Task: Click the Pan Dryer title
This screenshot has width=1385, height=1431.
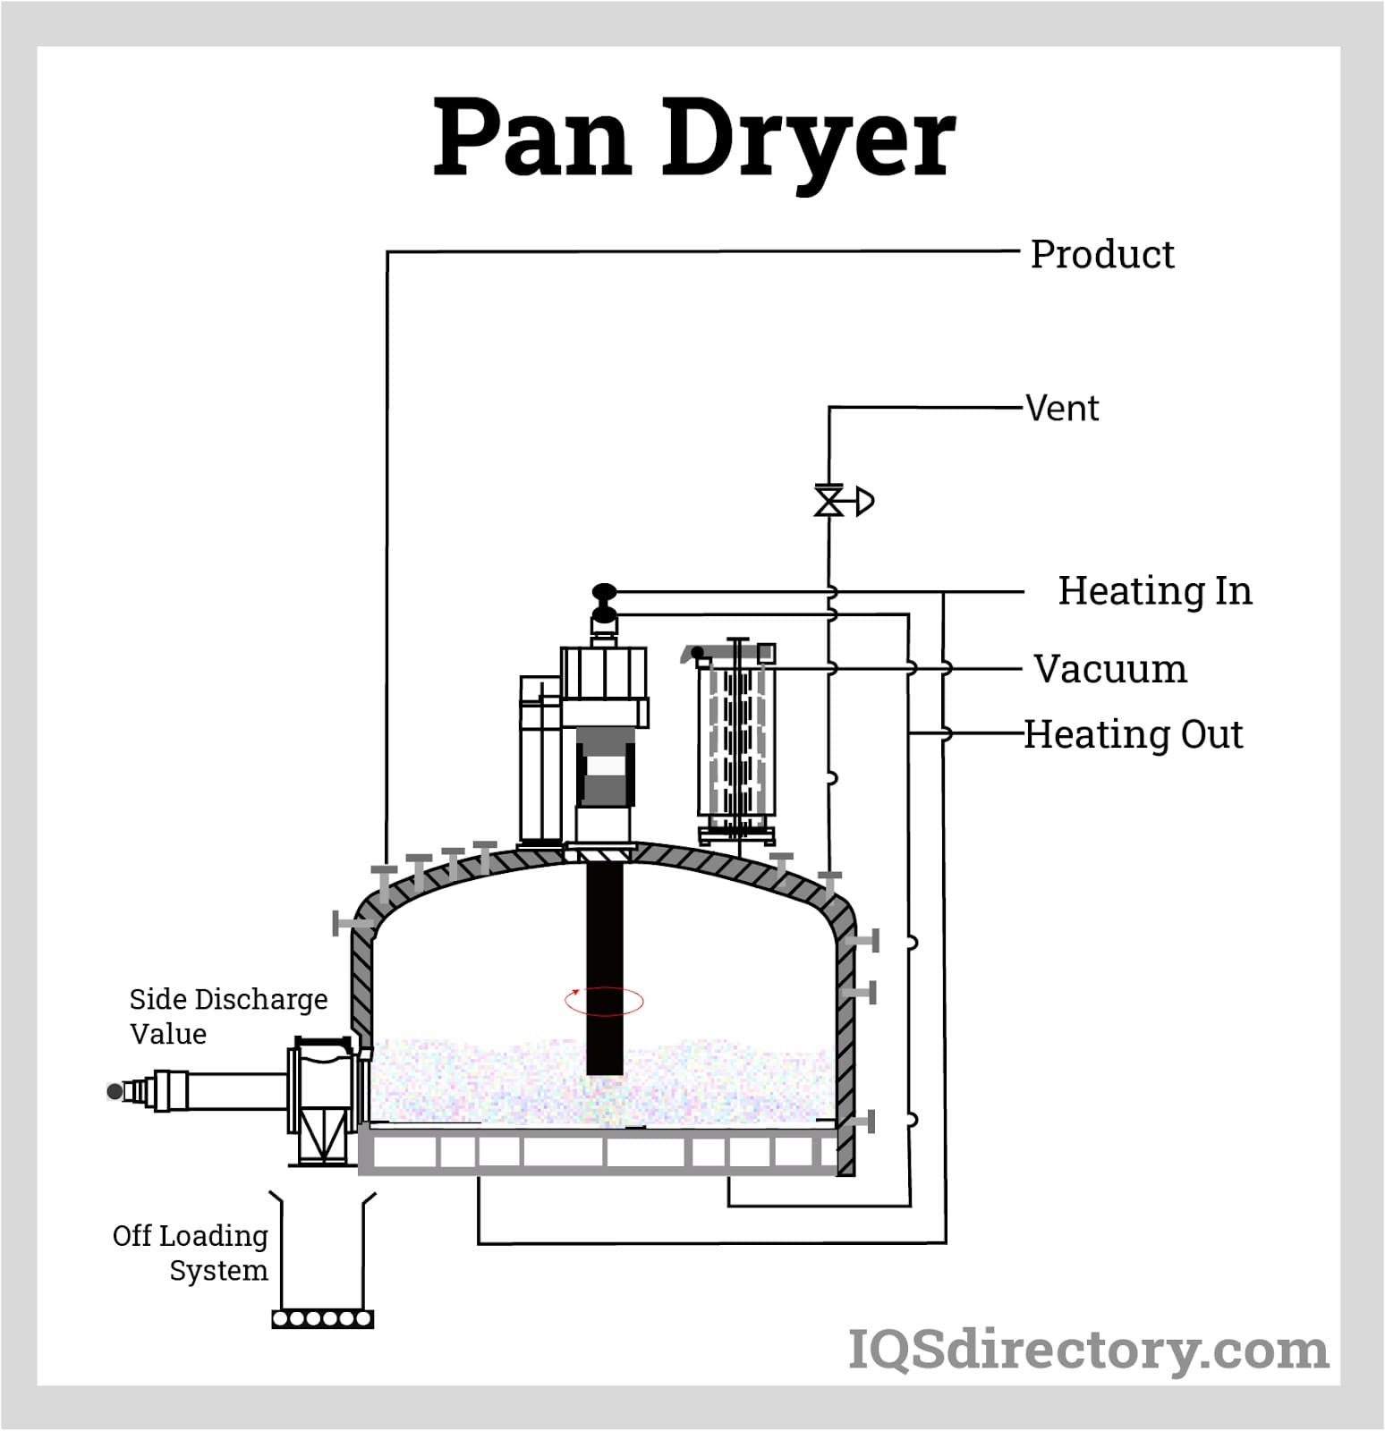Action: click(694, 139)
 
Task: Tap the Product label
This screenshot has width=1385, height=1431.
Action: click(1101, 255)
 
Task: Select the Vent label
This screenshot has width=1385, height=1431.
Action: click(1062, 409)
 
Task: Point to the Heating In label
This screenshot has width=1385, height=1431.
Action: click(1154, 591)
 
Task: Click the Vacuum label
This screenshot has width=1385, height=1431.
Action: click(1110, 669)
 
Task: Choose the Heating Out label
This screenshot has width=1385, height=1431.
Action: click(1133, 735)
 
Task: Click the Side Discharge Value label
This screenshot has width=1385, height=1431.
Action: click(228, 1016)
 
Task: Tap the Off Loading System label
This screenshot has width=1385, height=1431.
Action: click(191, 1252)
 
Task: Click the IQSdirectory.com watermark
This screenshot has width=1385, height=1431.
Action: click(1087, 1351)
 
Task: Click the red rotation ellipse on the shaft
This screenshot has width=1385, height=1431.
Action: click(604, 1001)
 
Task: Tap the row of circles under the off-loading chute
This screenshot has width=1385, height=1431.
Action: click(322, 1318)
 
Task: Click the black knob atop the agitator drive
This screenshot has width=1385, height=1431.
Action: click(605, 592)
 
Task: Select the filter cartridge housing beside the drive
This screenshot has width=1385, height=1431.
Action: click(736, 742)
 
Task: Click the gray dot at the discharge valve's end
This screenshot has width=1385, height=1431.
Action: click(115, 1091)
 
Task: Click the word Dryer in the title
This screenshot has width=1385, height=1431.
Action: click(809, 139)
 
